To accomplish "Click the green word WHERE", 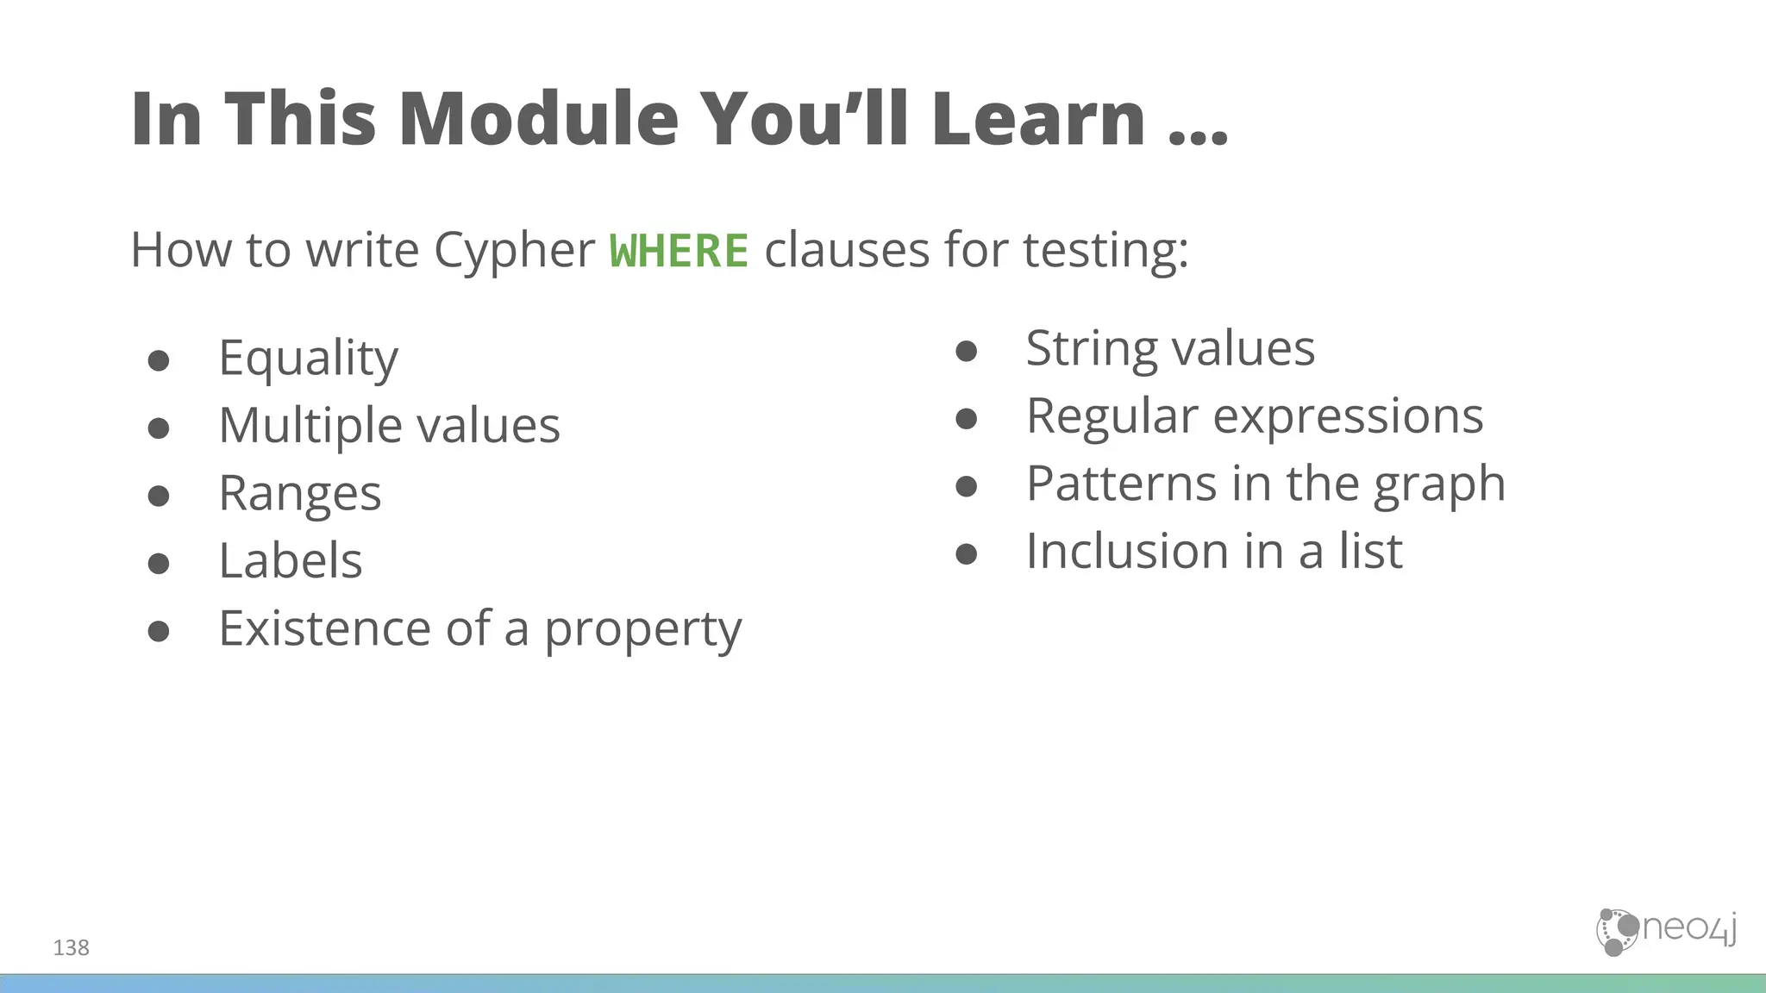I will pos(679,251).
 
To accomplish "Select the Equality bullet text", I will pos(308,358).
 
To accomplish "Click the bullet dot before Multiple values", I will pos(159,428).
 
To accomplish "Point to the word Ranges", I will pos(299,494).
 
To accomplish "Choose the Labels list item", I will pos(290,561).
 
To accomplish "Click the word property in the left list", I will pos(642,629).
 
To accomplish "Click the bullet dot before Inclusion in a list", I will pos(967,553).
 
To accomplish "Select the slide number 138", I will pos(71,948).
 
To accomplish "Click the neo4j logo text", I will pos(1688,928).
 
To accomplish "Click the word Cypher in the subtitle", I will pos(514,251).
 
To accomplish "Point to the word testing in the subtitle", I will pos(1105,251).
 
